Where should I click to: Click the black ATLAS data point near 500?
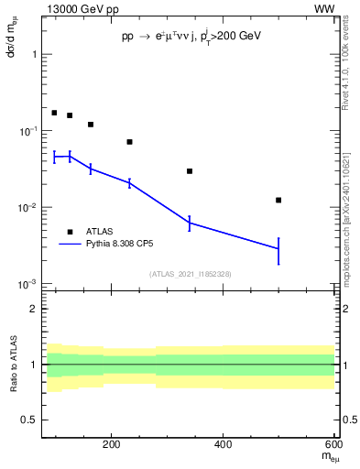tap(278, 200)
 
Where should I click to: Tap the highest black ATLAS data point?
tap(54, 113)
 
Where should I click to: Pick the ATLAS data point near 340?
tap(190, 171)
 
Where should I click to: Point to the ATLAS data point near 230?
tap(129, 142)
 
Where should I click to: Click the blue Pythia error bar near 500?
tap(278, 249)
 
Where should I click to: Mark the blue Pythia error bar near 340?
tap(190, 223)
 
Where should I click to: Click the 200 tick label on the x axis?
tap(112, 445)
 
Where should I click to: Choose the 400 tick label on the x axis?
tap(224, 445)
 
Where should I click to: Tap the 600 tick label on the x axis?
tap(334, 445)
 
